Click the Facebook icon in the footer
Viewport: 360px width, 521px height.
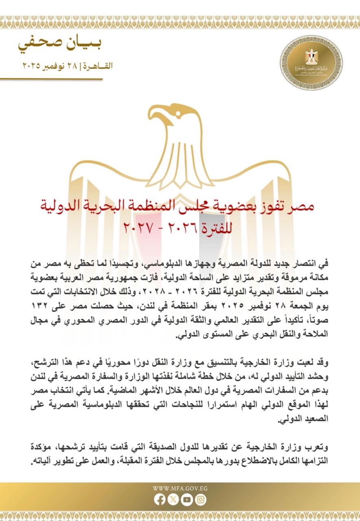(x=160, y=500)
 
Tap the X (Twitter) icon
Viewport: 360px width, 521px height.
(x=173, y=500)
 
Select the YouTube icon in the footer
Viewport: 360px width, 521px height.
(x=187, y=500)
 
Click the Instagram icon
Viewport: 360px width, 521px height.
(x=200, y=500)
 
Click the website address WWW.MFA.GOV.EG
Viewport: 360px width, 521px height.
(x=180, y=488)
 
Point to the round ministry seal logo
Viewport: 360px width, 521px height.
(x=312, y=62)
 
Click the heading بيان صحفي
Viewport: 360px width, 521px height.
(x=65, y=44)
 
